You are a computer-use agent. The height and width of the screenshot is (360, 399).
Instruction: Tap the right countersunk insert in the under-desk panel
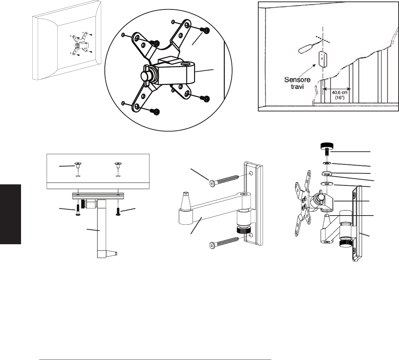(118, 165)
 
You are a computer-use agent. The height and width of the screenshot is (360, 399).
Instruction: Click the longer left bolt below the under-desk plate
(78, 210)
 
